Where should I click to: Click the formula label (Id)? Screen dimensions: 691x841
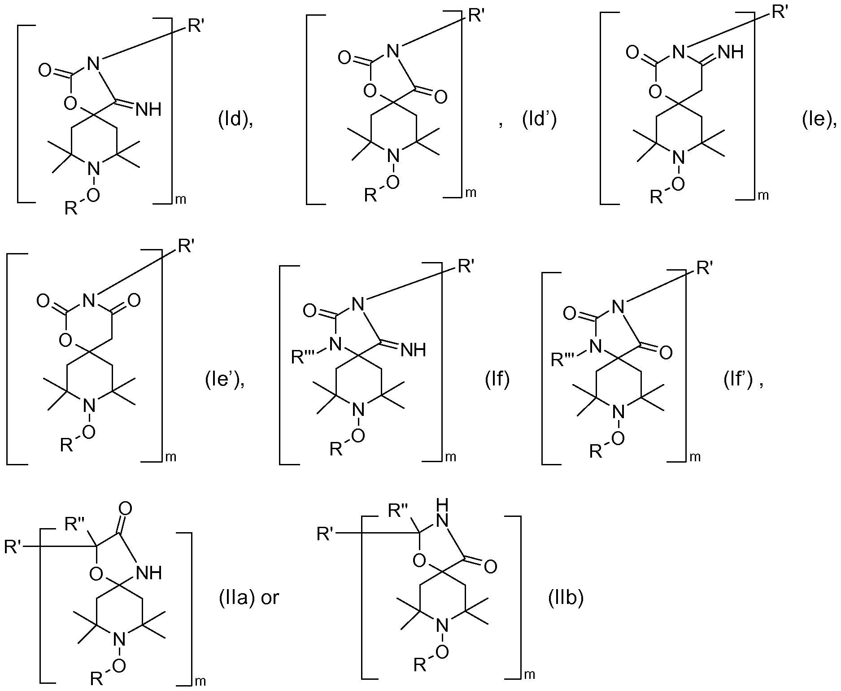pyautogui.click(x=235, y=122)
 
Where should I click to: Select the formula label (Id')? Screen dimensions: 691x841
pyautogui.click(x=540, y=122)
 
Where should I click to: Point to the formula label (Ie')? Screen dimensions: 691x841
pyautogui.click(x=225, y=380)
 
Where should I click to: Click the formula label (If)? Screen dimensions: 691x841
pyautogui.click(x=497, y=380)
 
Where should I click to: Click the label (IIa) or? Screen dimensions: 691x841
pyautogui.click(x=249, y=598)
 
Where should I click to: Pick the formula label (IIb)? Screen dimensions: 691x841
pyautogui.click(x=566, y=598)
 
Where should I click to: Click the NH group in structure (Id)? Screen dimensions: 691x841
pyautogui.click(x=148, y=109)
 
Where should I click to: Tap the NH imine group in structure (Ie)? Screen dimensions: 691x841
pyautogui.click(x=731, y=52)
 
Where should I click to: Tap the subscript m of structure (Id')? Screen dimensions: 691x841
pyautogui.click(x=471, y=193)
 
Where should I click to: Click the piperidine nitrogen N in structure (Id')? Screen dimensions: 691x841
pyautogui.click(x=393, y=157)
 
